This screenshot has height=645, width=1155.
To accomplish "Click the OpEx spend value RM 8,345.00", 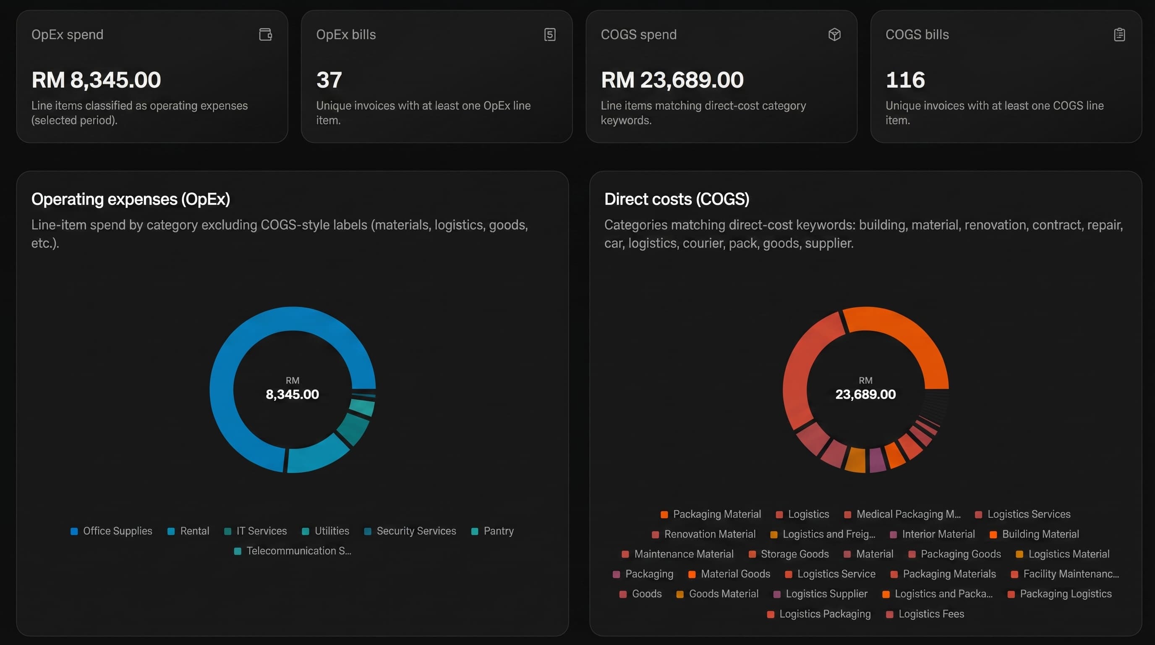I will pos(96,80).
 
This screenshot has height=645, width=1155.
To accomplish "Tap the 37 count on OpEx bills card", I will pos(329,80).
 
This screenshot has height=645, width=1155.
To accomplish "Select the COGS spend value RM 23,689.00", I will pos(672,80).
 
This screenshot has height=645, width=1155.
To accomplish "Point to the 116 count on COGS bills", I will pos(905,80).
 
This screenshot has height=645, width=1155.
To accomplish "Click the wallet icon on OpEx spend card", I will pos(265,34).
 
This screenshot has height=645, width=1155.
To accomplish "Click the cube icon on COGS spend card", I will pos(834,34).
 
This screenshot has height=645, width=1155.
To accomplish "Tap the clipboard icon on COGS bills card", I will pos(1119,34).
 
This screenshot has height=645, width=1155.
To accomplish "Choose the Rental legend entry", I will pos(188,531).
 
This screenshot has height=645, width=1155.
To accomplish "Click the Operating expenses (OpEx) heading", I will pos(131,199).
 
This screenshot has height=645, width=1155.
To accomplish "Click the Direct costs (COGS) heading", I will pos(676,199).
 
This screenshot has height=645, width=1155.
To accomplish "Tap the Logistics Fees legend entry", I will pos(925,614).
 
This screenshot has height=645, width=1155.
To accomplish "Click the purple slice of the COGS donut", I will pos(877,460).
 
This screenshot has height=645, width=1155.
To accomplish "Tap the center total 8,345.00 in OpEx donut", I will pos(293,394).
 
